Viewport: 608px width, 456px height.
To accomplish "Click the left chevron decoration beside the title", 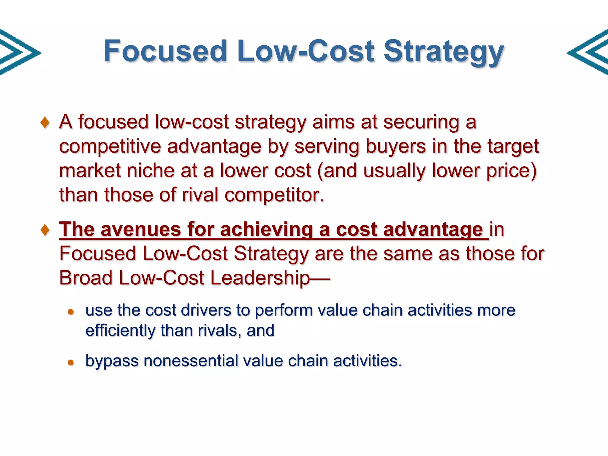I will [x=18, y=52].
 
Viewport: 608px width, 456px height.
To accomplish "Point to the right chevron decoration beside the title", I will [x=589, y=52].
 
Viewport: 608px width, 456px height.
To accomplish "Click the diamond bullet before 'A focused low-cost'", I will [x=45, y=123].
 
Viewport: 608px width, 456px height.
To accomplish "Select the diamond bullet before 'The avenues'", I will [x=45, y=230].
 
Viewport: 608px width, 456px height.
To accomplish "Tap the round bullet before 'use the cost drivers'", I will [x=71, y=312].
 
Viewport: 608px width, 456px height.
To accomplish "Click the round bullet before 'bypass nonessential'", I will [x=71, y=362].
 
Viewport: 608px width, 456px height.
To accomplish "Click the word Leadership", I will [x=259, y=278].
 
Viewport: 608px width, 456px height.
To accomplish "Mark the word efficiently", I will [x=120, y=331].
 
